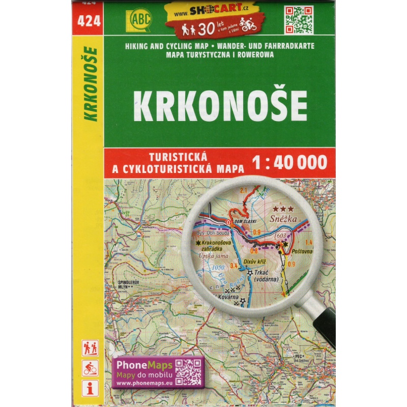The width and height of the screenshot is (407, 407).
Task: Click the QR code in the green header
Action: pyautogui.click(x=298, y=20)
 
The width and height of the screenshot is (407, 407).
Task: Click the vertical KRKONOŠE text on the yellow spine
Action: pyautogui.click(x=92, y=84)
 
